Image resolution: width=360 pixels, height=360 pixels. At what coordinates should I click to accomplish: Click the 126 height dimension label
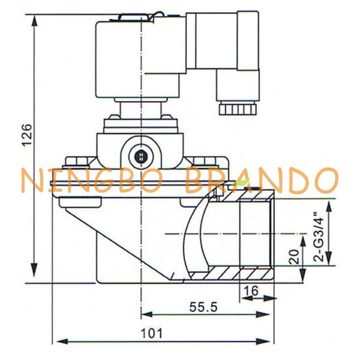coord(27,134)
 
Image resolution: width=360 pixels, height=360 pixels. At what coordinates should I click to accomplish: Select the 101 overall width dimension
coord(151,333)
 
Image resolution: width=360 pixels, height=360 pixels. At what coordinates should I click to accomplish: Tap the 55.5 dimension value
coord(203,307)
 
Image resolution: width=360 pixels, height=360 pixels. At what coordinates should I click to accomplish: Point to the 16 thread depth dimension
coord(251,291)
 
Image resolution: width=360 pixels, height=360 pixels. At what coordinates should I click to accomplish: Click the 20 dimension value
coord(294,256)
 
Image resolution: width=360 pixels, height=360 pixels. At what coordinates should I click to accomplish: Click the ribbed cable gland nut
coord(238,109)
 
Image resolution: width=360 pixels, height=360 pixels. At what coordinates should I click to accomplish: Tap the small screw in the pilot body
coord(141,157)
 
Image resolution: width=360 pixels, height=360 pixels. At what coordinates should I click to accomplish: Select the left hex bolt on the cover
coord(77,161)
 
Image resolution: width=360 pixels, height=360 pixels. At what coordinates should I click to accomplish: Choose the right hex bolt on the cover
coord(205,161)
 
